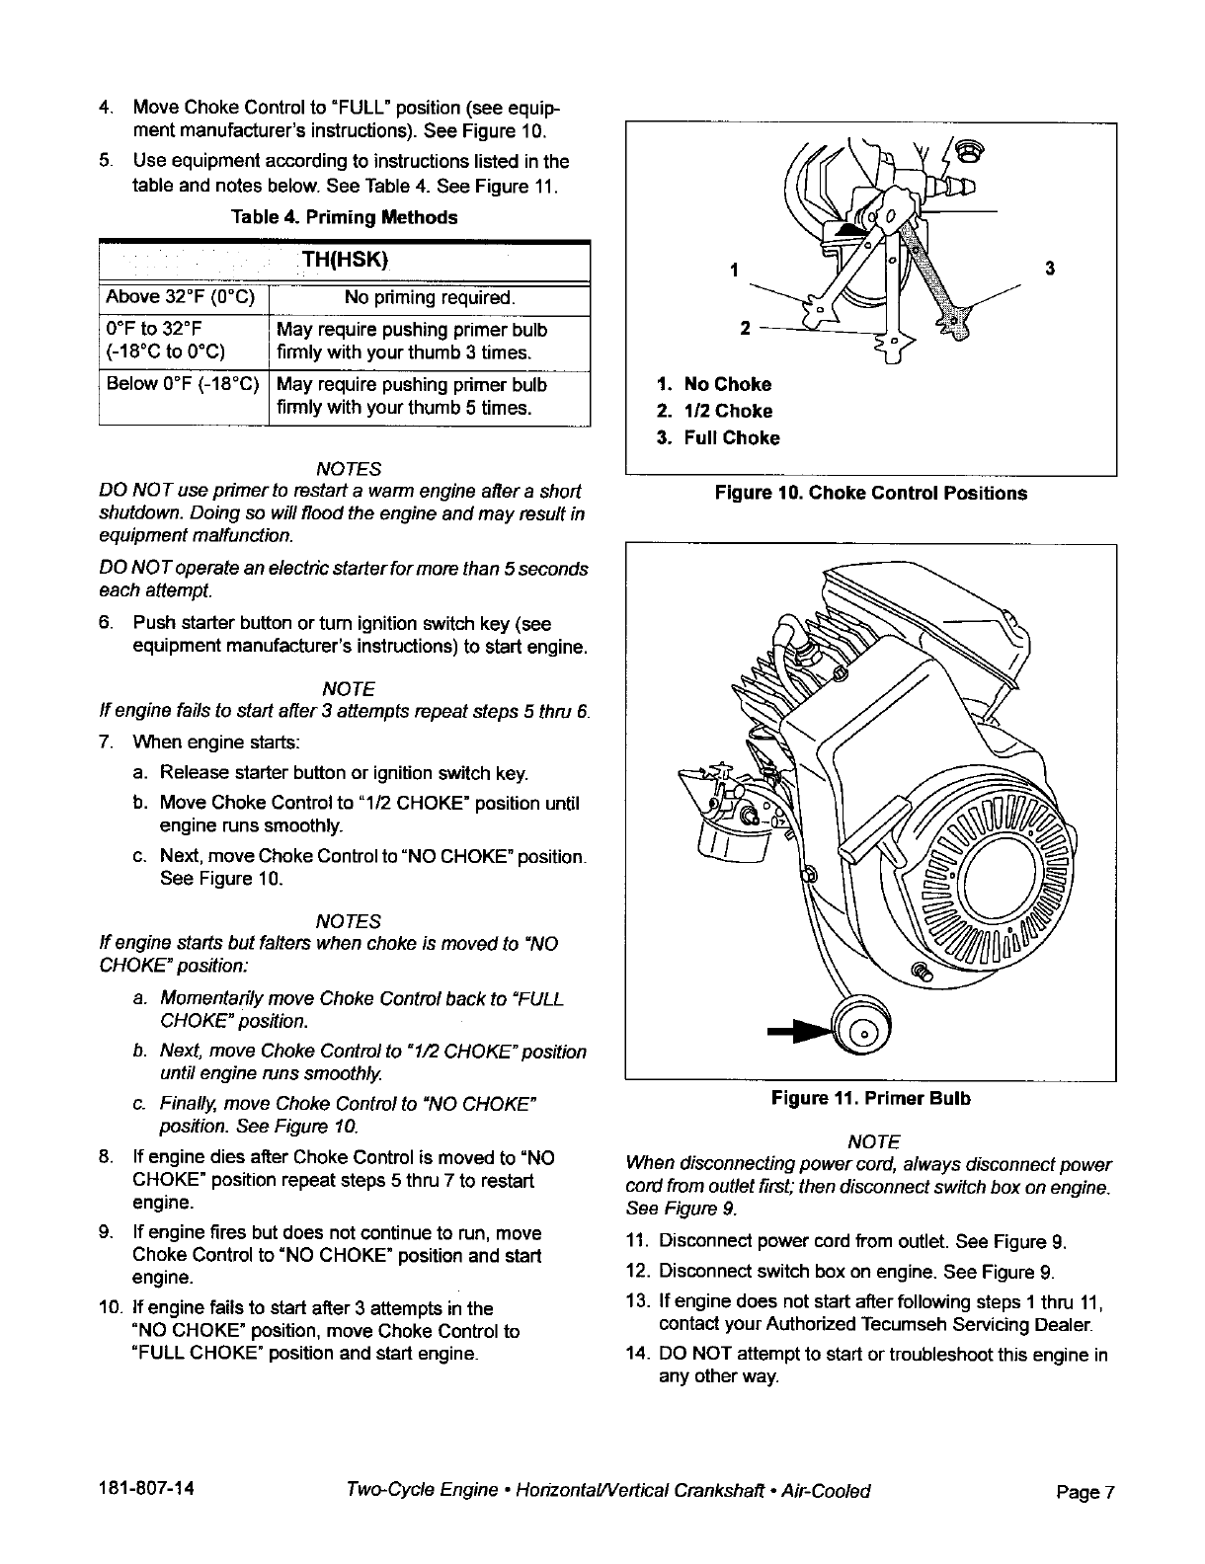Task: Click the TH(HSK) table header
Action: click(x=345, y=261)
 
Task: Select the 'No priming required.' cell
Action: click(x=429, y=298)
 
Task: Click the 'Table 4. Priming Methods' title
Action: click(x=344, y=217)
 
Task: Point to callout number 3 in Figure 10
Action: click(x=1049, y=269)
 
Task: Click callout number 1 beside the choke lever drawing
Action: click(x=733, y=269)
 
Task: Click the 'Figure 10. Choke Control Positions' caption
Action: click(x=870, y=493)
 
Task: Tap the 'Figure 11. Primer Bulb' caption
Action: click(x=871, y=1098)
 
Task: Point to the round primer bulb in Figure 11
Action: click(x=858, y=1031)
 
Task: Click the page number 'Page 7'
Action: click(x=1084, y=1492)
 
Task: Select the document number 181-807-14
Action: click(x=146, y=1490)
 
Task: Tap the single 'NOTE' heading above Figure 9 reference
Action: click(x=873, y=1142)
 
